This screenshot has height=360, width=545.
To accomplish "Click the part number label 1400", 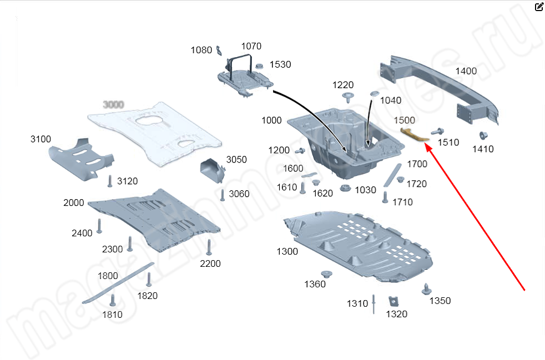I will click(466, 71).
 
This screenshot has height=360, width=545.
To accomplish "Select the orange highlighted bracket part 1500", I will click(413, 134).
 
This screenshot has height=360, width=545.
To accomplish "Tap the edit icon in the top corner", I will click(539, 7).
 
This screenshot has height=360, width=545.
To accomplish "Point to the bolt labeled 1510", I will click(436, 131).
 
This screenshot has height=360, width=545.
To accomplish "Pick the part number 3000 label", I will click(113, 104).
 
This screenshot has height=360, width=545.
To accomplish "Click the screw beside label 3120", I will click(110, 181).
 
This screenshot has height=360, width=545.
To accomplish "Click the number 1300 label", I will click(287, 251).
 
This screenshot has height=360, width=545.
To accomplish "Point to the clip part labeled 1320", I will click(394, 301).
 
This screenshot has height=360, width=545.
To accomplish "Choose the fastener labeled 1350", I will click(426, 289).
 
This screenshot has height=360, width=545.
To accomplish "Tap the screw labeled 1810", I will click(113, 300).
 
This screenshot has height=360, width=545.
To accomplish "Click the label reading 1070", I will click(251, 46).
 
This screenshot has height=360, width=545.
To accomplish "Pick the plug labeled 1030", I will click(344, 189).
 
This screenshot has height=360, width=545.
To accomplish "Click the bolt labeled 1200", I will click(300, 150).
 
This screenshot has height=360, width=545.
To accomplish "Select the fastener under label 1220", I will click(348, 98).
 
